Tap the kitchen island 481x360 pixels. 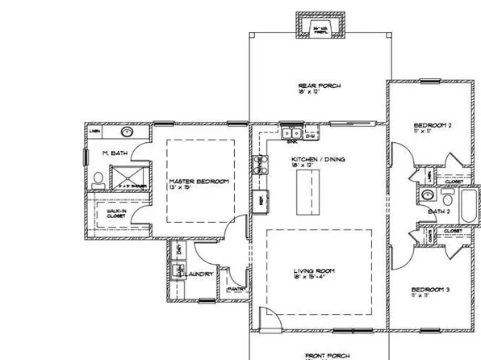[x=307, y=194]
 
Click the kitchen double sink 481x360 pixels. [x=291, y=133]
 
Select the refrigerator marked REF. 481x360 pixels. [x=260, y=199]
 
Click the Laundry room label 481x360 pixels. [x=200, y=274]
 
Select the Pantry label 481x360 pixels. [x=236, y=288]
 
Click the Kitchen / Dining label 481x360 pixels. [x=318, y=160]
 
